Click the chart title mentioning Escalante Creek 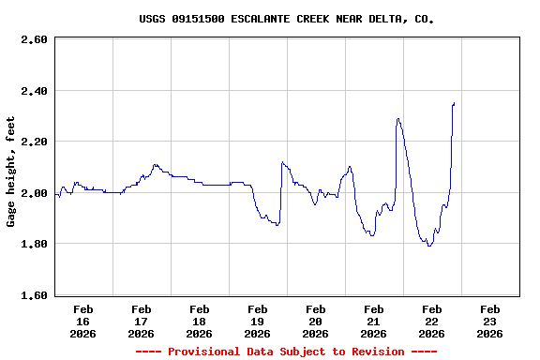(286, 19)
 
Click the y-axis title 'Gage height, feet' (11, 172)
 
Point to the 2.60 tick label (34, 39)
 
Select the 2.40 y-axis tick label (34, 91)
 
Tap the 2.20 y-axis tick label (34, 142)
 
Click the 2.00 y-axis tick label (34, 193)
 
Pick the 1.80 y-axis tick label (34, 244)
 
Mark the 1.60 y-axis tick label (34, 295)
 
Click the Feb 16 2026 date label (83, 321)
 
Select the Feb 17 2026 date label (142, 321)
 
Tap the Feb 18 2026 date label (200, 321)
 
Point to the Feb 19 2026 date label (258, 321)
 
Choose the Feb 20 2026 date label (316, 321)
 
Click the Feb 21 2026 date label (374, 321)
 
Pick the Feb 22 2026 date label (432, 321)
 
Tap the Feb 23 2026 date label (490, 321)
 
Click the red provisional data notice (286, 352)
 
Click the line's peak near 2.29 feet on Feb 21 (398, 119)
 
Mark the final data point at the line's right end (454, 103)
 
